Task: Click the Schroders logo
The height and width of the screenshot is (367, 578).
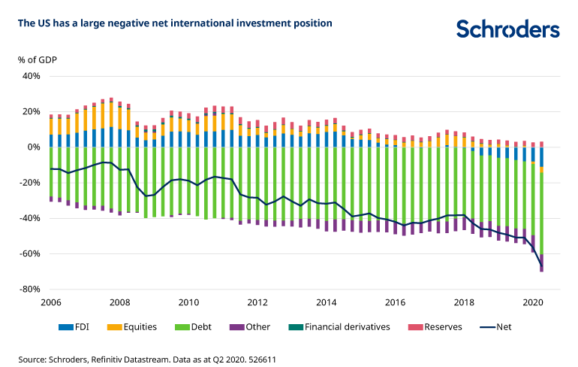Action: [x=507, y=29]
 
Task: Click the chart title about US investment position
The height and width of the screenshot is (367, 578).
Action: [x=175, y=23]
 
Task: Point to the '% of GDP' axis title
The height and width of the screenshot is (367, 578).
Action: [x=38, y=59]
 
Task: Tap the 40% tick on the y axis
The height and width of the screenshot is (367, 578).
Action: [x=30, y=76]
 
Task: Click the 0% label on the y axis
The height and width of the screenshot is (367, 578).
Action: [x=33, y=147]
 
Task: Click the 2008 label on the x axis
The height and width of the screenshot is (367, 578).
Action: [x=119, y=302]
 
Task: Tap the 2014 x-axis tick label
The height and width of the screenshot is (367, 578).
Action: [x=326, y=302]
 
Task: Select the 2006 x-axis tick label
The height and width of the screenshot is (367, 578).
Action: [x=51, y=302]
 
